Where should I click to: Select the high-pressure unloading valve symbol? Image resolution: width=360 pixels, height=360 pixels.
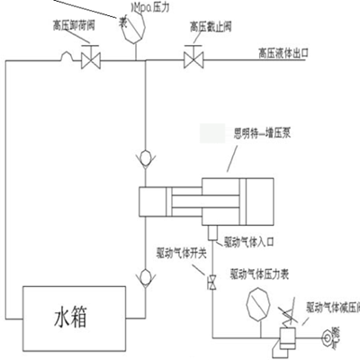click(90, 61)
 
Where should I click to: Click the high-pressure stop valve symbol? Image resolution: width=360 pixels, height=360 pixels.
click(192, 61)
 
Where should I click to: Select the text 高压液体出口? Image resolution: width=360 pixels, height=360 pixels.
click(296, 53)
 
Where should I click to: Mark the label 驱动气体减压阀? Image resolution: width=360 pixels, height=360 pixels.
click(333, 307)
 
